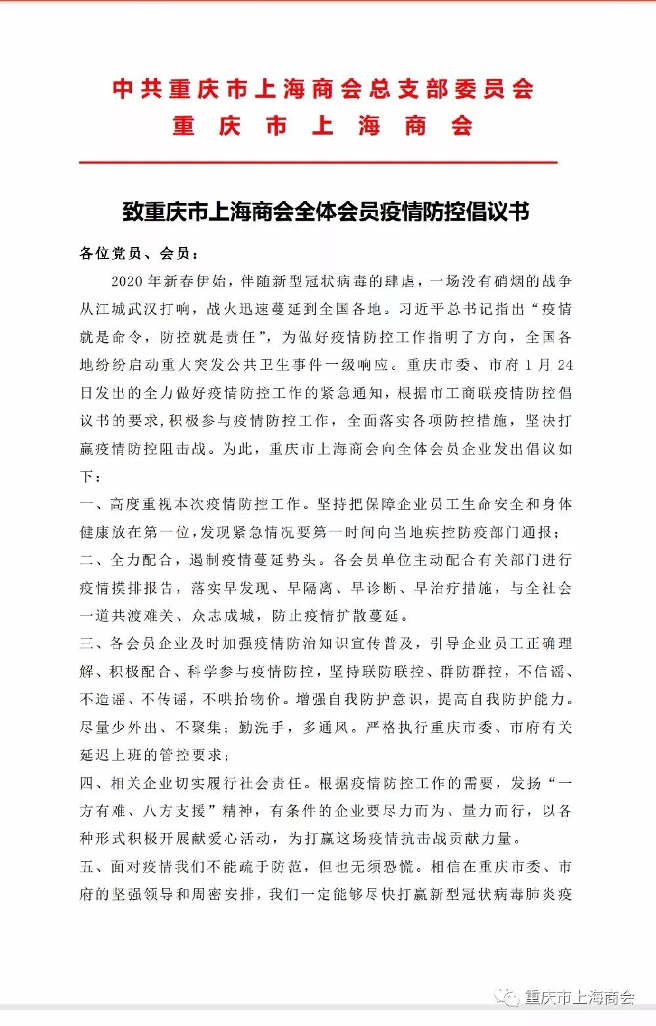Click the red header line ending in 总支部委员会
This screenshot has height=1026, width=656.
[322, 89]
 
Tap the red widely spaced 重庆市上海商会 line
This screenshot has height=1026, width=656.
[322, 125]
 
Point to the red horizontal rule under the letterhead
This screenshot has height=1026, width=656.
[318, 162]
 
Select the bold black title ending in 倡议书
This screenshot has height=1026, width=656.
[326, 212]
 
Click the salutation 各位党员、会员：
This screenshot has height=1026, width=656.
[139, 254]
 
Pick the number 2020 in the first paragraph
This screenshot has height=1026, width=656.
[127, 281]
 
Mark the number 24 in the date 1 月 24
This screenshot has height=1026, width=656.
[564, 365]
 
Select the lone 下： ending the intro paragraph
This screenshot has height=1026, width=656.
[91, 477]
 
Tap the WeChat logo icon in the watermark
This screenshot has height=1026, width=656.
[507, 998]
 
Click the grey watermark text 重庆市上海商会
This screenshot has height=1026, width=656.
[580, 998]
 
